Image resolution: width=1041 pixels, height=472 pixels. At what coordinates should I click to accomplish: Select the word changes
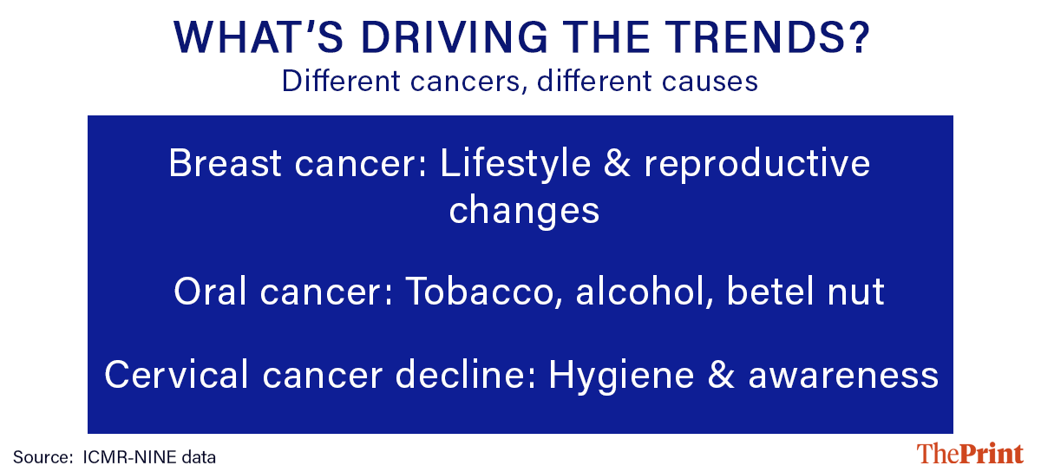click(524, 210)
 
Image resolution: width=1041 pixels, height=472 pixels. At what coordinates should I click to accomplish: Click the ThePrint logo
click(970, 454)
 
